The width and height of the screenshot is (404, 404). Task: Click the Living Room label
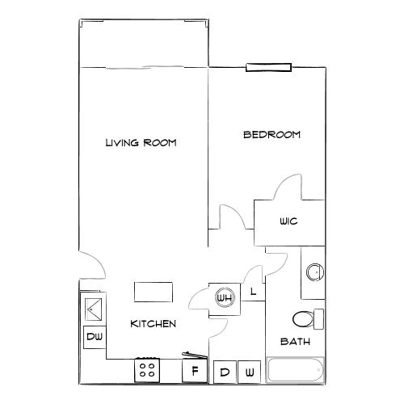pos(141,143)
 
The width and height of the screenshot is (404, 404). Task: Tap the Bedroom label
pos(271,135)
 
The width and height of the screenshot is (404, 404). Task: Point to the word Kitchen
pos(154,323)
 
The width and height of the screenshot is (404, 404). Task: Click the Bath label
pos(296,342)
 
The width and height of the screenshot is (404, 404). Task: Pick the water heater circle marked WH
pos(224,297)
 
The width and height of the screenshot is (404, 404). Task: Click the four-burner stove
pos(148,369)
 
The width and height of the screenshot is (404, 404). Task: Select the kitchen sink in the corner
pos(92,308)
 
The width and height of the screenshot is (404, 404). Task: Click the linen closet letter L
pos(253,291)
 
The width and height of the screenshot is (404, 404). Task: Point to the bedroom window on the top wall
pos(268,68)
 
